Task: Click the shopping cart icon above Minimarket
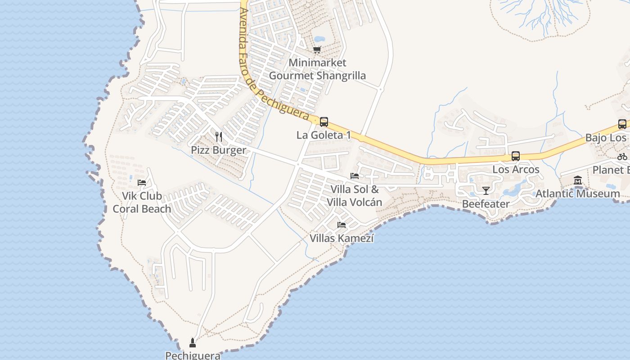tap(317, 49)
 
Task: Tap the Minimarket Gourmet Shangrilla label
tap(317, 69)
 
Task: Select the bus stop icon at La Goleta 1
tap(324, 121)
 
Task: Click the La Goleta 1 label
tap(324, 135)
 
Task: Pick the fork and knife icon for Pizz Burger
tap(219, 136)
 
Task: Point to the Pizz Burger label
tap(219, 150)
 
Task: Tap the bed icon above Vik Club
tap(142, 183)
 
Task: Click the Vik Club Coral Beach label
tap(142, 202)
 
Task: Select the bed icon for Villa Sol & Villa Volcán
tap(355, 176)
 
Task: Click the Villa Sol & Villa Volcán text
tap(355, 195)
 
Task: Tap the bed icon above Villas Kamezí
tap(342, 225)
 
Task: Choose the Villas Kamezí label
tap(342, 238)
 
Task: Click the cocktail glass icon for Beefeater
tap(486, 191)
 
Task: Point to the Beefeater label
tap(486, 204)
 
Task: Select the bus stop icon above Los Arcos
tap(516, 156)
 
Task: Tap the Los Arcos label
tap(516, 170)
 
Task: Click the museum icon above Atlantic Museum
tap(578, 180)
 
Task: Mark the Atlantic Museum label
tap(578, 194)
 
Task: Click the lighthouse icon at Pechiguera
tap(193, 343)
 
